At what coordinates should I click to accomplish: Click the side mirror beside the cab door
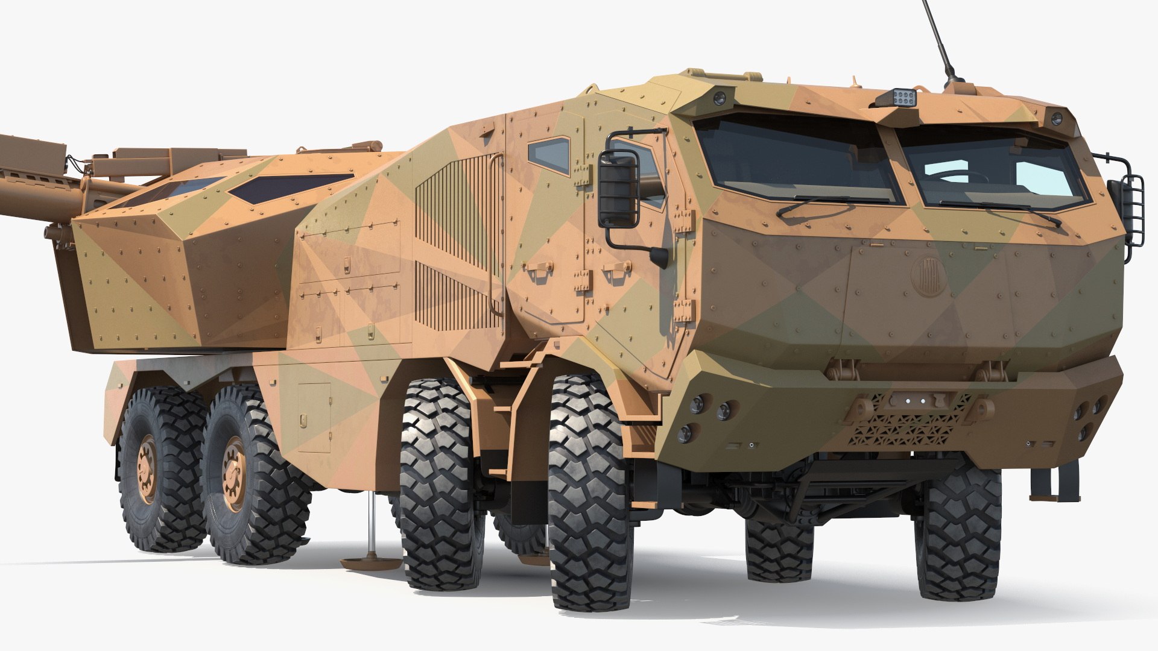click(x=618, y=189)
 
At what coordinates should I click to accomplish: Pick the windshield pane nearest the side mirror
click(x=796, y=160)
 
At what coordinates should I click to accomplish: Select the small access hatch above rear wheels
click(x=314, y=416)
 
